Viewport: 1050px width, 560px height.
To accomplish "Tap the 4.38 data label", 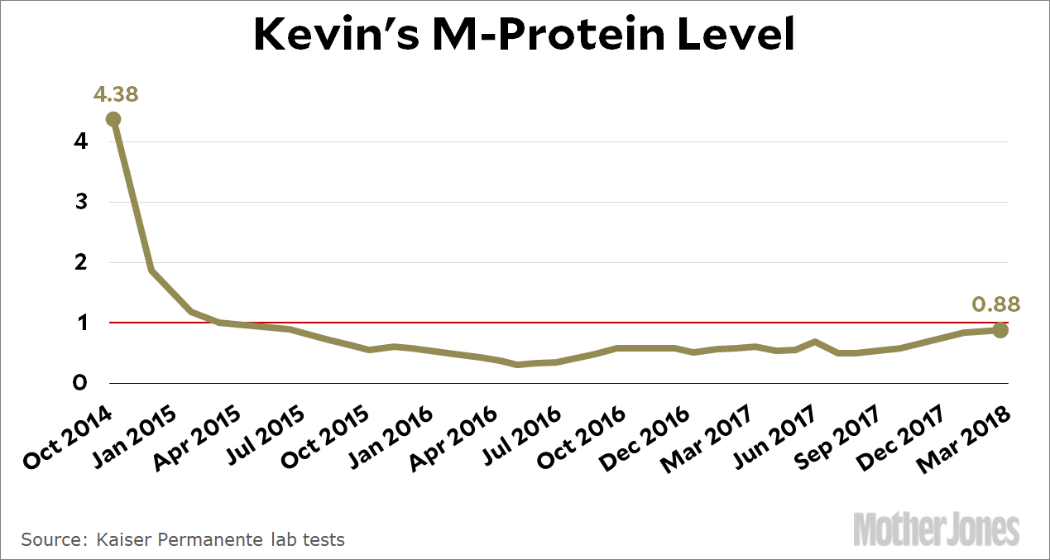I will click(116, 94).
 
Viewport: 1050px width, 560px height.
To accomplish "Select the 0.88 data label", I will click(995, 304).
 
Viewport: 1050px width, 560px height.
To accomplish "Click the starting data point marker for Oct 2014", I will click(113, 119).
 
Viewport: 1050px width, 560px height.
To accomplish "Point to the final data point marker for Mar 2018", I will click(1000, 331).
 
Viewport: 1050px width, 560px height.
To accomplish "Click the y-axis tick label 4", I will click(80, 141).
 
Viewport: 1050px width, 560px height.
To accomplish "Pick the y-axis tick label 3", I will click(80, 202).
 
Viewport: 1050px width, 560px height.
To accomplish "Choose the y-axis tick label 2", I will click(80, 262).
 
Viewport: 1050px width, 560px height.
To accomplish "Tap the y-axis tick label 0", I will click(80, 383).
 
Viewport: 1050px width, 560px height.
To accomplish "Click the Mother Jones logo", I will click(936, 529).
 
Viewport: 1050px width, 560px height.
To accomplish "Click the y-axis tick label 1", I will click(80, 323).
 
